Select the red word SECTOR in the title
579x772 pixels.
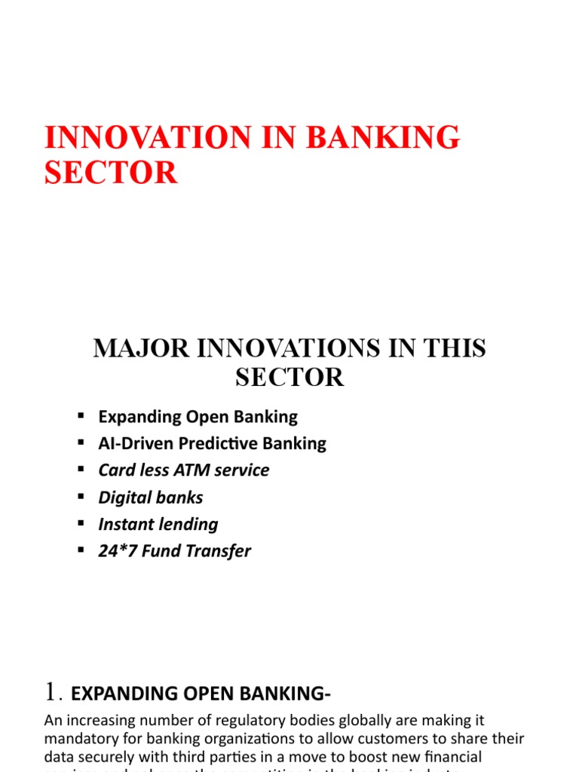[x=111, y=173]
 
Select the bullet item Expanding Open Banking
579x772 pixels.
[x=198, y=416]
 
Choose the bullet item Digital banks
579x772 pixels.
[x=151, y=498]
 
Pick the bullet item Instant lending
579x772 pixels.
[x=158, y=525]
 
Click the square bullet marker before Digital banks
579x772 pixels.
[x=81, y=497]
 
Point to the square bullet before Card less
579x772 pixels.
[x=81, y=470]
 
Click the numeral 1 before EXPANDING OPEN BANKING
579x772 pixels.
[x=51, y=691]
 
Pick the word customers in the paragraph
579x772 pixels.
[x=388, y=737]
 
